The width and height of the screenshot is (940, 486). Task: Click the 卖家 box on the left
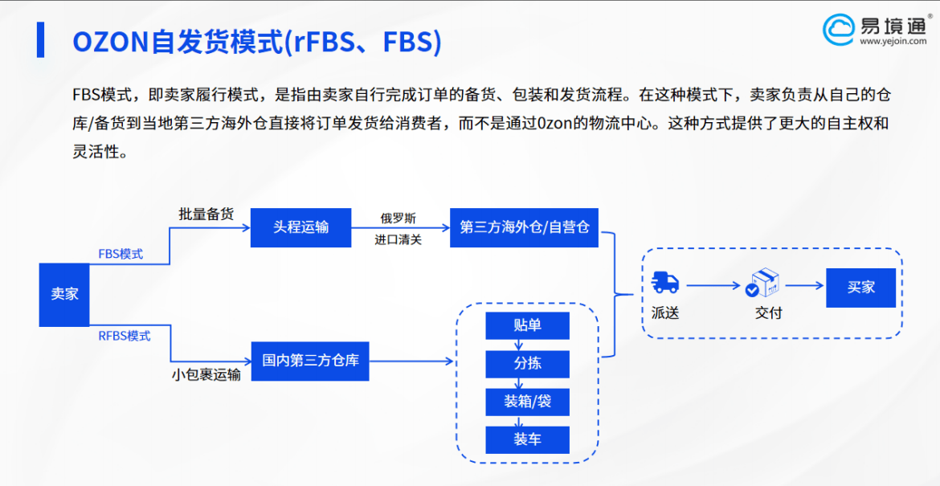click(x=64, y=294)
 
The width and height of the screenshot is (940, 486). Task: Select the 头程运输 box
click(x=300, y=227)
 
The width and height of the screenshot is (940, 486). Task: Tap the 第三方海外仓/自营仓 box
click(x=524, y=227)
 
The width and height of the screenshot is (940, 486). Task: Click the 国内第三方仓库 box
click(x=310, y=361)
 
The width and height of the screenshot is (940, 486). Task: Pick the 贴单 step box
click(x=527, y=325)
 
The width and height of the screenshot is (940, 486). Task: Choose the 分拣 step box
click(x=527, y=363)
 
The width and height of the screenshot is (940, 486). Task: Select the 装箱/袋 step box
click(x=527, y=402)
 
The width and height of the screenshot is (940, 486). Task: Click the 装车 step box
click(x=527, y=439)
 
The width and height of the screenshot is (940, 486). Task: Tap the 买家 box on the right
click(x=860, y=287)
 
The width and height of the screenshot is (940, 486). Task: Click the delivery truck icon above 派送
click(x=665, y=283)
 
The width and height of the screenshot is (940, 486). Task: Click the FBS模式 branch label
click(x=121, y=254)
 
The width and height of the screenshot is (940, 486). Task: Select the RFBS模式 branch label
click(x=124, y=336)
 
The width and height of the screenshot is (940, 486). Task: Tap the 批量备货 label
click(x=206, y=214)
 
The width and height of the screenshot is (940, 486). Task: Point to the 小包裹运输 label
click(x=206, y=374)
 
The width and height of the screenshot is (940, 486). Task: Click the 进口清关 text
click(x=398, y=239)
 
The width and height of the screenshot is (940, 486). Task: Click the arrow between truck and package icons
click(x=712, y=284)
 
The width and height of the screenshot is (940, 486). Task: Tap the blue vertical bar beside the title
click(x=40, y=40)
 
